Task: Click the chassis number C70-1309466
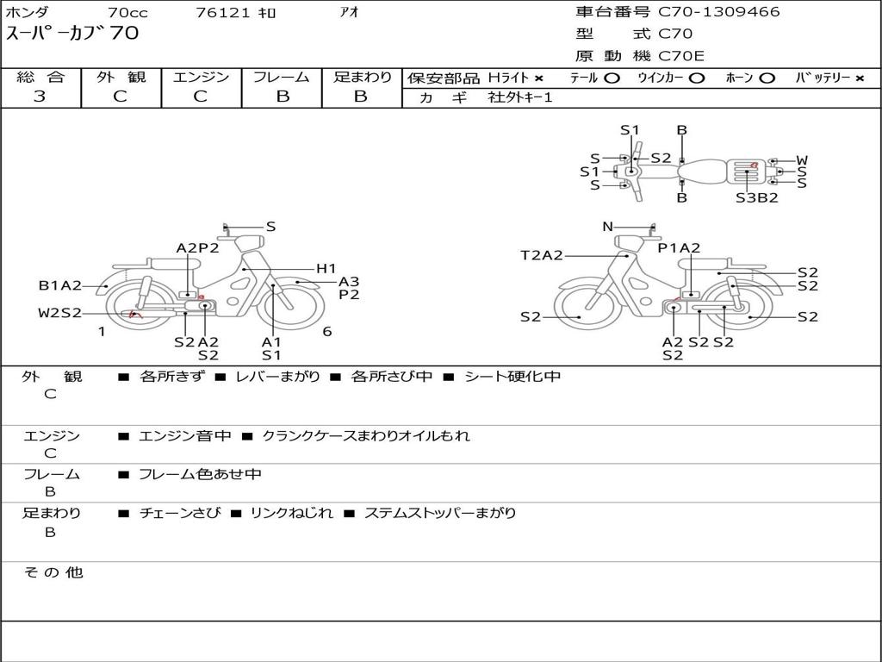(x=719, y=12)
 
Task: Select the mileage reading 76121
(x=223, y=13)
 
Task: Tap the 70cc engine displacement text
(x=127, y=13)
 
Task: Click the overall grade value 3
(x=40, y=97)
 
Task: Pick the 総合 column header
(x=40, y=78)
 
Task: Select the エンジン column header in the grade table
(x=201, y=78)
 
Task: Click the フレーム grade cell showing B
(x=282, y=97)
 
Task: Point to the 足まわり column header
(x=362, y=78)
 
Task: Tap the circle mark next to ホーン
(x=767, y=78)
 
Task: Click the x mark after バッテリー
(x=859, y=78)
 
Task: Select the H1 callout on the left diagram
(x=326, y=269)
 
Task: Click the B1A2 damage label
(x=60, y=286)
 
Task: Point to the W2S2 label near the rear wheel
(x=59, y=313)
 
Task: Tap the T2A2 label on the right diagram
(x=542, y=255)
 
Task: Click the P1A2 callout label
(x=680, y=248)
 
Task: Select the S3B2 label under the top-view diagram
(x=756, y=197)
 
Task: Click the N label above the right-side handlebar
(x=607, y=227)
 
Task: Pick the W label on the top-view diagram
(x=802, y=160)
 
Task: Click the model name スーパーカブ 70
(x=72, y=34)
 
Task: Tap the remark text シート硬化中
(x=512, y=377)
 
